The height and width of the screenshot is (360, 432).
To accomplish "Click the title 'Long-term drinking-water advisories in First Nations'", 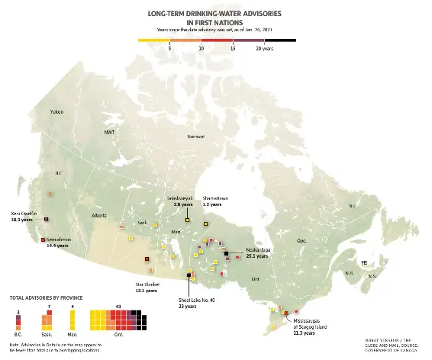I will pyautogui.click(x=215, y=18).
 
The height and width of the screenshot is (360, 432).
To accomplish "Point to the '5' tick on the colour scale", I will pyautogui.click(x=169, y=47).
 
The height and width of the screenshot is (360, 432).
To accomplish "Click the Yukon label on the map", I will pyautogui.click(x=56, y=112).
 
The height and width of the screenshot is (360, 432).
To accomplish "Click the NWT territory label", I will pyautogui.click(x=109, y=132).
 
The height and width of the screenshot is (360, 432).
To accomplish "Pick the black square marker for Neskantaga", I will pyautogui.click(x=226, y=252).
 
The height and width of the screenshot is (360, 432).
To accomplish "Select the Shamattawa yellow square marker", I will pyautogui.click(x=206, y=222).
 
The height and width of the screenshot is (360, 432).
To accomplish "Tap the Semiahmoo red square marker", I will pyautogui.click(x=43, y=240).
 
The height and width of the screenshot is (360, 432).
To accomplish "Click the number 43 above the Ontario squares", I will pyautogui.click(x=118, y=306).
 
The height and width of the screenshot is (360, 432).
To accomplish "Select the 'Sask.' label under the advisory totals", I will pyautogui.click(x=49, y=334).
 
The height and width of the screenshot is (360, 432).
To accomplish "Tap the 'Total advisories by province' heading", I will pyautogui.click(x=46, y=297).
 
